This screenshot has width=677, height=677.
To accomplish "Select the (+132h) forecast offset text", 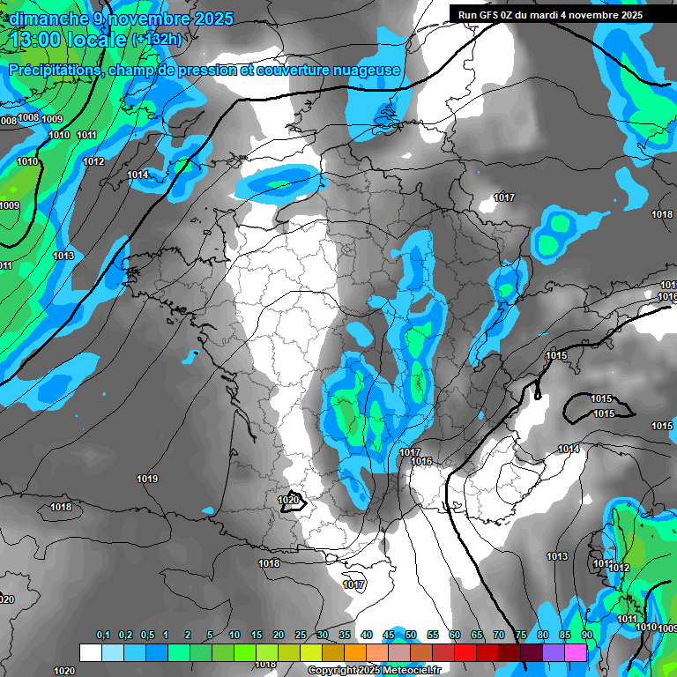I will click(157, 40).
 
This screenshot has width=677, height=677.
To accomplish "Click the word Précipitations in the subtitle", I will click(55, 71).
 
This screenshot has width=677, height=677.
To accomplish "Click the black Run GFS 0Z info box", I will click(550, 15).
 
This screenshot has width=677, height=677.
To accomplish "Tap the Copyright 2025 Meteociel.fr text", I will click(375, 670).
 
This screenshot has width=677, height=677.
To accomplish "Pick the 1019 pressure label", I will click(147, 479).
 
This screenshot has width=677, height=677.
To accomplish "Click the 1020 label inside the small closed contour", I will click(289, 500).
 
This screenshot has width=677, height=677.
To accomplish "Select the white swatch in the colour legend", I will click(90, 652).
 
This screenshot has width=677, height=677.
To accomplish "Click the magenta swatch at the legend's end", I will click(576, 652).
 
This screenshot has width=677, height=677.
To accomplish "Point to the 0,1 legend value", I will click(103, 636).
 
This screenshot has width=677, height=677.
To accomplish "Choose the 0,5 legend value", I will click(146, 636).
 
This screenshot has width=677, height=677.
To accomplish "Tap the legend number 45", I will click(389, 636).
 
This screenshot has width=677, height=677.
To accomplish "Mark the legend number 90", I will click(586, 636).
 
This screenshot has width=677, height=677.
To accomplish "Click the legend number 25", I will click(301, 636).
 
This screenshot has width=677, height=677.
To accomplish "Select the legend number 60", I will click(455, 636).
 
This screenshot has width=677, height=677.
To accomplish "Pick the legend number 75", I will click(521, 636).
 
